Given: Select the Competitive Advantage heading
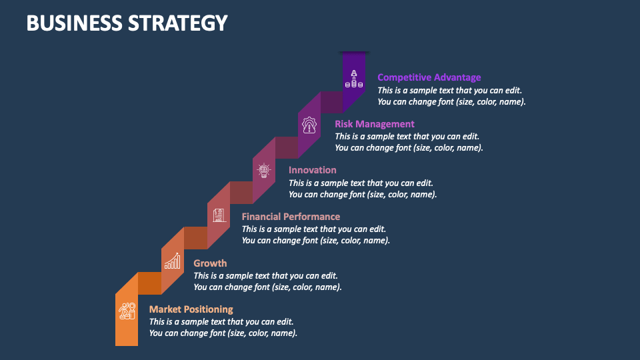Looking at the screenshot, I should pyautogui.click(x=429, y=77).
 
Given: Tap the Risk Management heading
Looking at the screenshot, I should pyautogui.click(x=374, y=123).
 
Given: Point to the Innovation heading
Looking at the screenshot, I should pyautogui.click(x=312, y=170).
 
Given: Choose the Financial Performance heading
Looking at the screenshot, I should pyautogui.click(x=291, y=216).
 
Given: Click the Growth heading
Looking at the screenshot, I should pyautogui.click(x=210, y=263).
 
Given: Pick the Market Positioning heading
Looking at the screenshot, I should pyautogui.click(x=191, y=309).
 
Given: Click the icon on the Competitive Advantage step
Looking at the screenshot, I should pyautogui.click(x=353, y=80).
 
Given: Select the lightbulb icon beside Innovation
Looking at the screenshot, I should pyautogui.click(x=264, y=171).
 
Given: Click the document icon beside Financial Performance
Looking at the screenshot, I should pyautogui.click(x=219, y=215).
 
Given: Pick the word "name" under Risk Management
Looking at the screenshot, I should pyautogui.click(x=468, y=148).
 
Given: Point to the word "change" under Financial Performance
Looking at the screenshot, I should pyautogui.click(x=275, y=240).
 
